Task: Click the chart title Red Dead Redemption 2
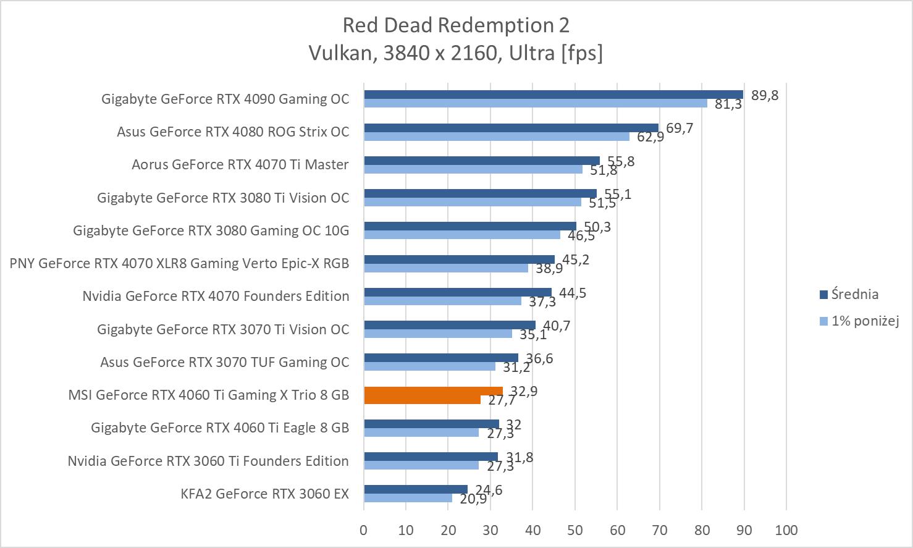456,25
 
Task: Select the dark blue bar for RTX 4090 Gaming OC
553,95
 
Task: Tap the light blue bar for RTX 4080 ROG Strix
496,136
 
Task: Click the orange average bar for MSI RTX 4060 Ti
433,391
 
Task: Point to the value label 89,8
765,95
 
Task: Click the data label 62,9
650,137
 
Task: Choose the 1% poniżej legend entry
864,321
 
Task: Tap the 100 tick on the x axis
786,530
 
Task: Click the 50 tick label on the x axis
574,530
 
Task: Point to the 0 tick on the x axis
364,530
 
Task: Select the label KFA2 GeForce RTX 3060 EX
264,494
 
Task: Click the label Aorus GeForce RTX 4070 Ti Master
240,164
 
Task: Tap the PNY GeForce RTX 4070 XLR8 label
179,263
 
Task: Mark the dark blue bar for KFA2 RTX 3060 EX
415,489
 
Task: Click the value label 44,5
573,293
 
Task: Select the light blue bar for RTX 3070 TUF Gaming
429,366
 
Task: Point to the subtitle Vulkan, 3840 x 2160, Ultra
456,53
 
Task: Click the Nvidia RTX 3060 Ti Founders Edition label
208,461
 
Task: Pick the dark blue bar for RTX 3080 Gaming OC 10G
469,226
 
